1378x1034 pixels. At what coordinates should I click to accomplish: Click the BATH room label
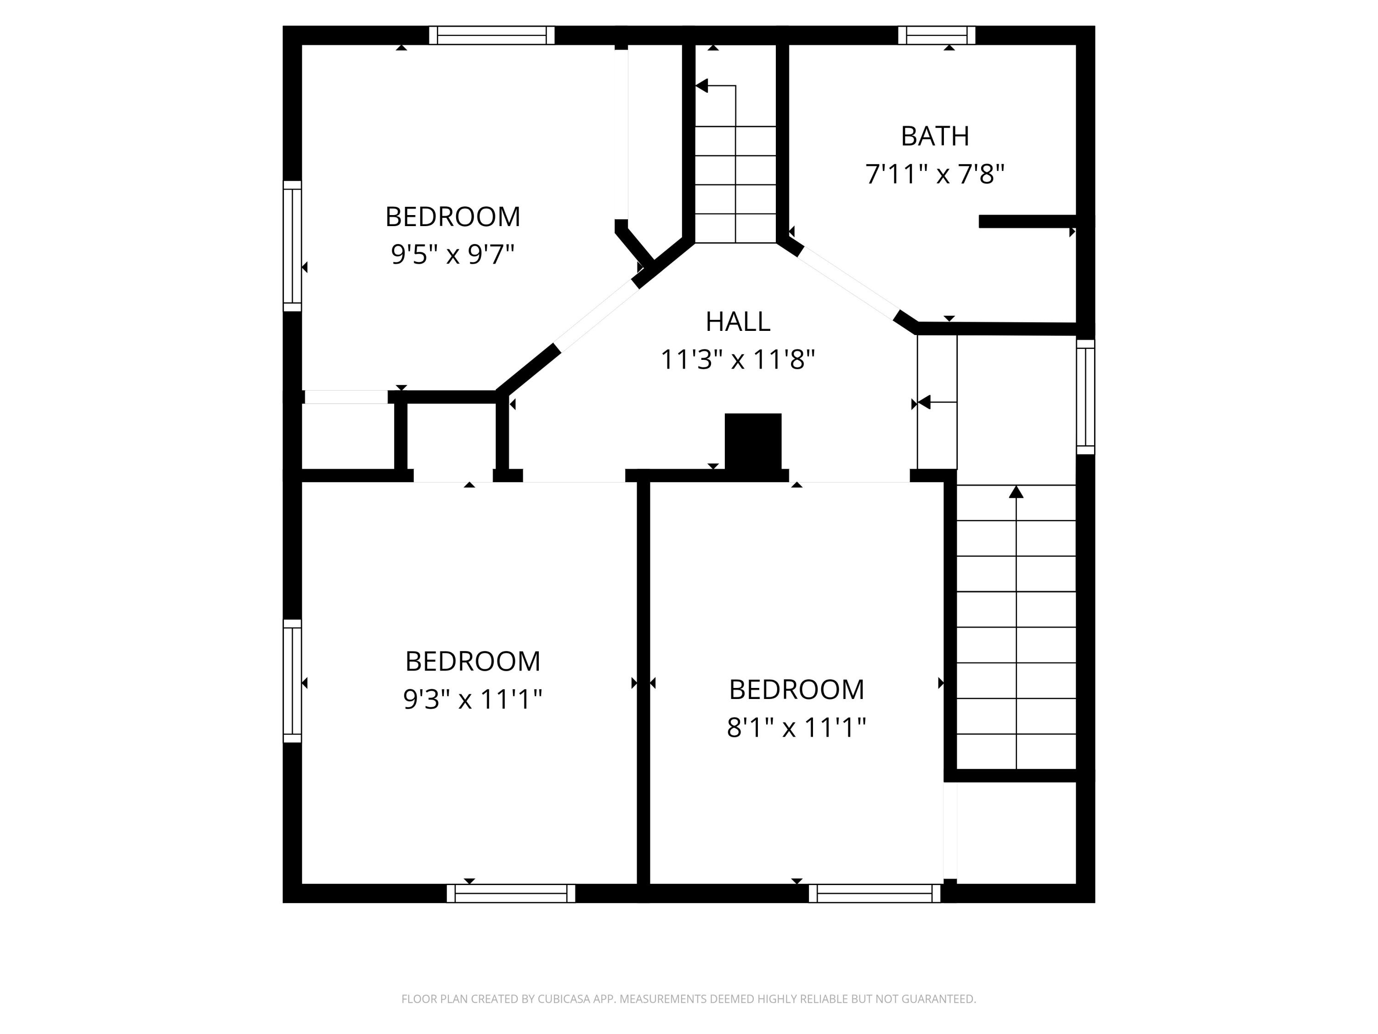(934, 136)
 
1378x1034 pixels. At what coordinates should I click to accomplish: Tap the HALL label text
(738, 322)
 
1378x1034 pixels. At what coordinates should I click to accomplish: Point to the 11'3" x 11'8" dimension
(738, 360)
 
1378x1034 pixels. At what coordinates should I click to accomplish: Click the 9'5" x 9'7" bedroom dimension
(453, 254)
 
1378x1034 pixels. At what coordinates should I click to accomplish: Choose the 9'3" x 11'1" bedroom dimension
(473, 699)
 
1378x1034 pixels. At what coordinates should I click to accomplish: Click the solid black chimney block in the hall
(752, 441)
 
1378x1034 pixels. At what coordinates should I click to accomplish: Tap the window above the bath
(936, 35)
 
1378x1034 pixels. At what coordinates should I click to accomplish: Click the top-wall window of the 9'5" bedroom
(491, 35)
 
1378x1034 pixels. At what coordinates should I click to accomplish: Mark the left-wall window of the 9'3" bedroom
(292, 681)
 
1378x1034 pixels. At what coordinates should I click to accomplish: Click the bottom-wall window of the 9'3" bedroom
(511, 893)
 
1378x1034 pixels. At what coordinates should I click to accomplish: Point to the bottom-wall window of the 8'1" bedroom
(874, 893)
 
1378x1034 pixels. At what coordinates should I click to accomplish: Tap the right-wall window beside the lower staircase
(1085, 397)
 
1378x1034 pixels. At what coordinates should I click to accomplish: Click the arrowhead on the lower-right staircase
(1016, 492)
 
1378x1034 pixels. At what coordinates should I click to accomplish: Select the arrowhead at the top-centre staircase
(702, 86)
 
